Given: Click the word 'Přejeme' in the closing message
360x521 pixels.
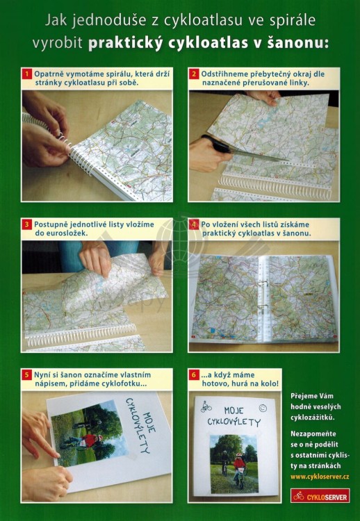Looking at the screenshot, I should (306, 397).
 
